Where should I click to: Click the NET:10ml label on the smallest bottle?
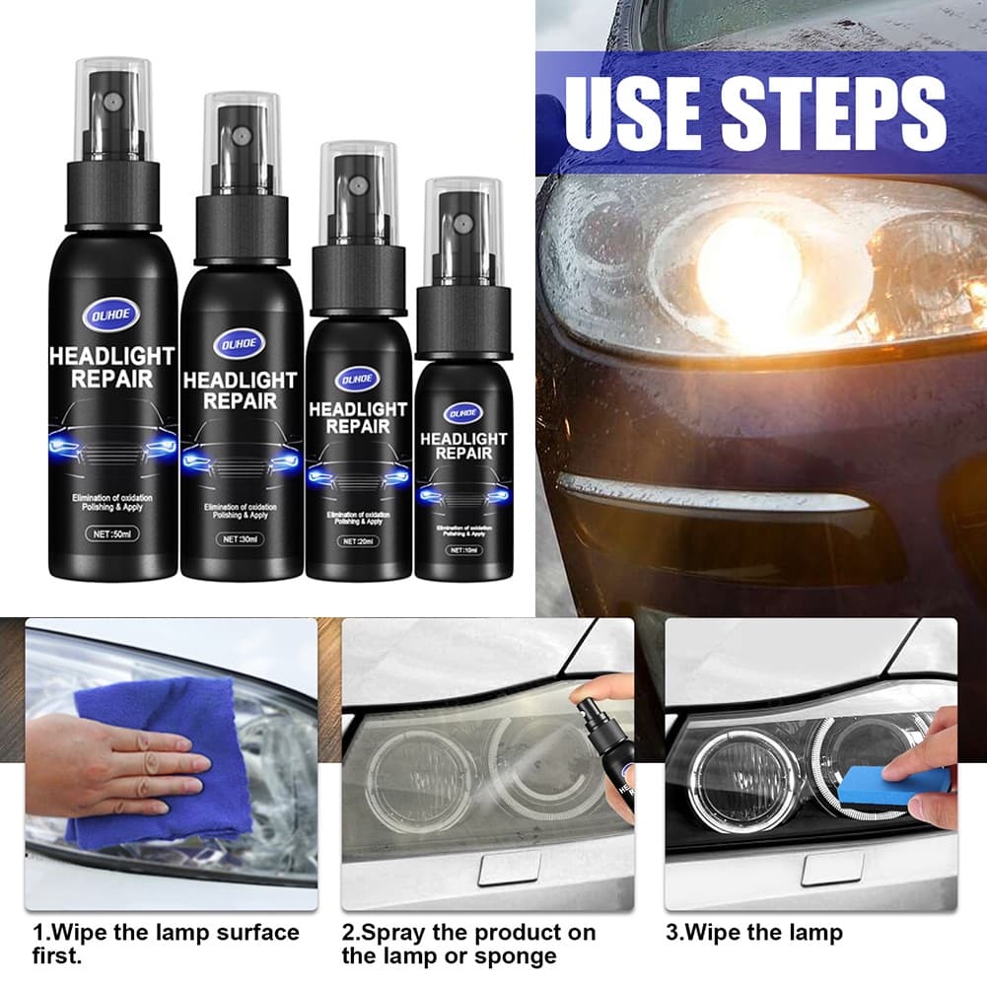point(462,548)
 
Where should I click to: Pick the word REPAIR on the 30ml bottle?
point(242,400)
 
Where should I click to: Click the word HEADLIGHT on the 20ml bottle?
point(358,409)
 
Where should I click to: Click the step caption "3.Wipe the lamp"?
point(754,932)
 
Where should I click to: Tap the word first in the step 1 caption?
point(58,955)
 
